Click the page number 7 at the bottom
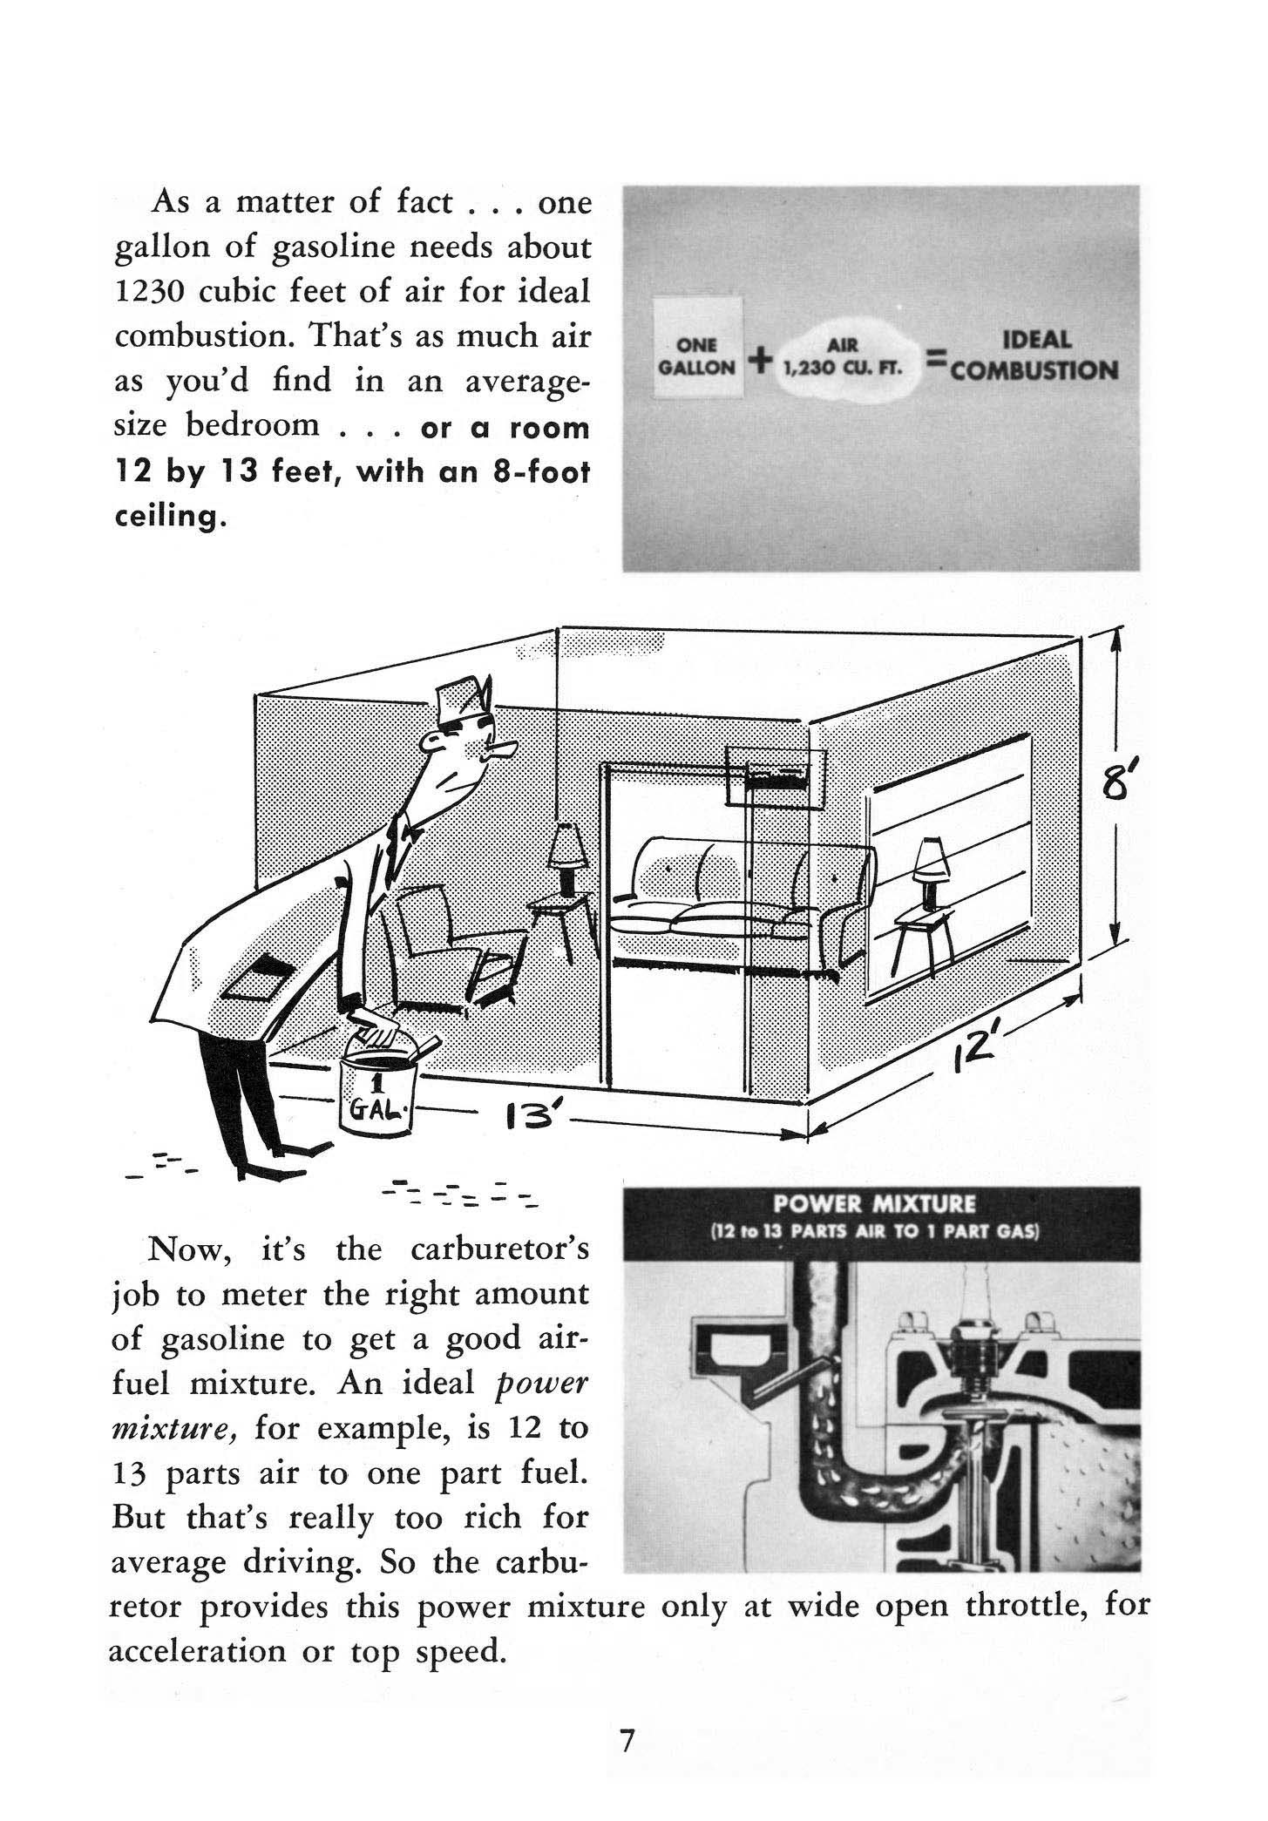[627, 1742]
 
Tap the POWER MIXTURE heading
[879, 1204]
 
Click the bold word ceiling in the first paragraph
[166, 518]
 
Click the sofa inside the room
[741, 906]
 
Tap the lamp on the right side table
[931, 862]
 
